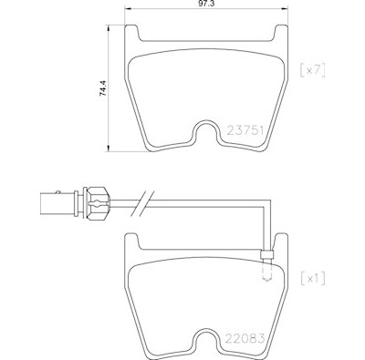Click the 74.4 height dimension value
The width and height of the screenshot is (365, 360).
(x=103, y=88)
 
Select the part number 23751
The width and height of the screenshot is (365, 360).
(x=245, y=131)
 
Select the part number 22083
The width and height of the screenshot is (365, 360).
(x=245, y=338)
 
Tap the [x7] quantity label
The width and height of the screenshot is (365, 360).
(x=313, y=71)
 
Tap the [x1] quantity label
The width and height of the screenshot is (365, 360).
(x=313, y=279)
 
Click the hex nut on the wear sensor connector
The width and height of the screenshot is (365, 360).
(x=98, y=202)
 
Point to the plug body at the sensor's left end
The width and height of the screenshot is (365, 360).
(x=57, y=203)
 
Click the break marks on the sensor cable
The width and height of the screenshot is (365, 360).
(x=142, y=203)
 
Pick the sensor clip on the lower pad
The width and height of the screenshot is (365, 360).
(x=266, y=255)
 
